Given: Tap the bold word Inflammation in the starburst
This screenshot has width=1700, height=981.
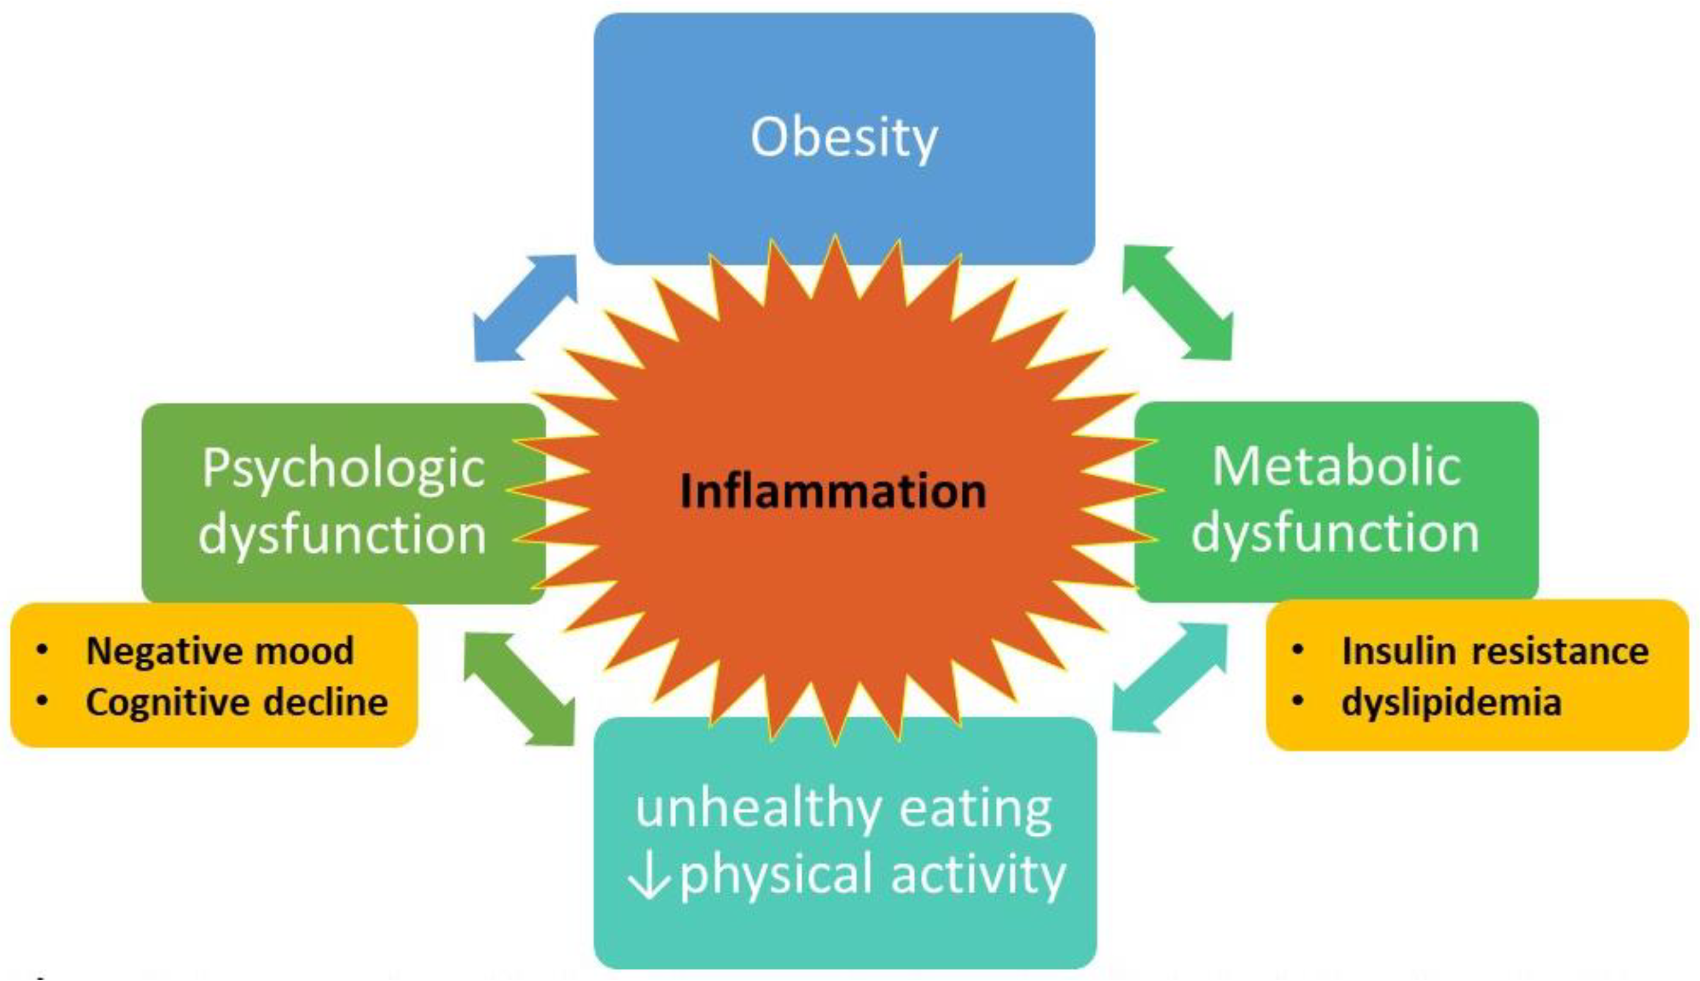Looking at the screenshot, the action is pos(834,490).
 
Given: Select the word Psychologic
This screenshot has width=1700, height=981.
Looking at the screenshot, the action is pos(343,469).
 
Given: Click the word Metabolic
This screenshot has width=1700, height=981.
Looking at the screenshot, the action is pos(1336,466).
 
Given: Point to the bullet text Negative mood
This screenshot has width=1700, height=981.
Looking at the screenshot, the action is pos(220,651).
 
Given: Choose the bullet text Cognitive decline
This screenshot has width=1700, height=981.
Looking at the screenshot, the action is pos(237,702).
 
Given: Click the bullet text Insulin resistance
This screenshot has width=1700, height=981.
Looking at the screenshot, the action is pos(1494,651).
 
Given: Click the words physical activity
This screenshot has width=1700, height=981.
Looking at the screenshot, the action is pos(873,875).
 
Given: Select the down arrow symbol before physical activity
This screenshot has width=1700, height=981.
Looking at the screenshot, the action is pos(648,876).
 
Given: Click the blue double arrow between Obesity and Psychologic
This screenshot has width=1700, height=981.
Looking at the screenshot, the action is pos(525,308).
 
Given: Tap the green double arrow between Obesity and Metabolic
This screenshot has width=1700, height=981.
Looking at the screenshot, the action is pos(1177,303).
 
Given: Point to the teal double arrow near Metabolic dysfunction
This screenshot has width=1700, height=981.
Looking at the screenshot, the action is pos(1169,677).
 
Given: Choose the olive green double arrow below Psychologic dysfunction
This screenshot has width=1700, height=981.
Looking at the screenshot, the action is pos(519,689).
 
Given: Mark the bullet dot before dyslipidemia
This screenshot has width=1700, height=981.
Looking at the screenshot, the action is pos(1297,702).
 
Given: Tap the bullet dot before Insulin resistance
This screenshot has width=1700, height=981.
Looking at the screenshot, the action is pos(1297,650).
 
